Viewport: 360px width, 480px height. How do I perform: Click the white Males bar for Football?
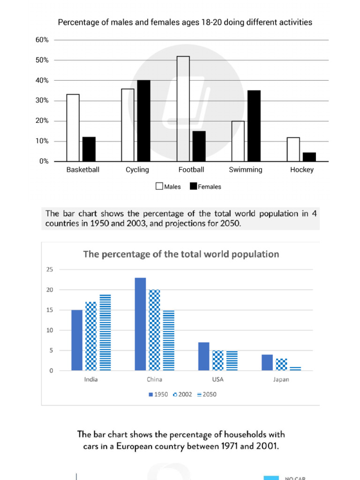coord(183,109)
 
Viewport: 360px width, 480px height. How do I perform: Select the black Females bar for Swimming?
coord(254,126)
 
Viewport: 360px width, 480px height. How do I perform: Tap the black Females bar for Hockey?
coord(309,157)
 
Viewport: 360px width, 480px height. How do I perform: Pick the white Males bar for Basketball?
coord(73,127)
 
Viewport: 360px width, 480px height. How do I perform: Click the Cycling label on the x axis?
coord(137,170)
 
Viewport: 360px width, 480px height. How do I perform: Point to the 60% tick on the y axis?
coord(42,40)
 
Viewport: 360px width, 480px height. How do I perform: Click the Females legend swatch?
coord(193,186)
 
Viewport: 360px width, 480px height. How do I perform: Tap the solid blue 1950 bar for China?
coord(140,324)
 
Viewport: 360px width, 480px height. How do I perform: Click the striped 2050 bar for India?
coord(105,332)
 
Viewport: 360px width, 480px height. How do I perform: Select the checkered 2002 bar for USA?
coord(218,360)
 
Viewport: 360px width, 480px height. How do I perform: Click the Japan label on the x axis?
coord(281,379)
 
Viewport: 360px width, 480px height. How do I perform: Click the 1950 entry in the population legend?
coord(158,394)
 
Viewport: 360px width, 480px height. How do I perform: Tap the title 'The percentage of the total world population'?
coord(181,254)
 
